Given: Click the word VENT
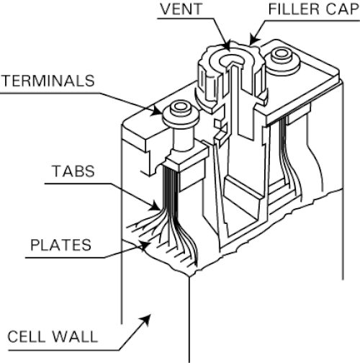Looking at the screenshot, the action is tap(181, 9).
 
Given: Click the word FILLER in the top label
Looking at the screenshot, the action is tap(294, 9).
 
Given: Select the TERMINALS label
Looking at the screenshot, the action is tap(48, 81).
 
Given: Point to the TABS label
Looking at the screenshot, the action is tap(73, 171).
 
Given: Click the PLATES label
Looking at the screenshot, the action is tap(60, 245).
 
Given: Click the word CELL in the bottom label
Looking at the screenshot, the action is tap(26, 336).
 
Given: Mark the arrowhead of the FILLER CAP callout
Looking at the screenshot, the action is tap(253, 39).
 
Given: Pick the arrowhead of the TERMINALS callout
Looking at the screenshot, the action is tap(156, 111).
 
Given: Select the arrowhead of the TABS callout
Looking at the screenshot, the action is tap(155, 206).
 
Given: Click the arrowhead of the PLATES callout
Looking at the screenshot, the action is tap(145, 246).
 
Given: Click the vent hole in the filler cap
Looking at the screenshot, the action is tap(232, 59).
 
